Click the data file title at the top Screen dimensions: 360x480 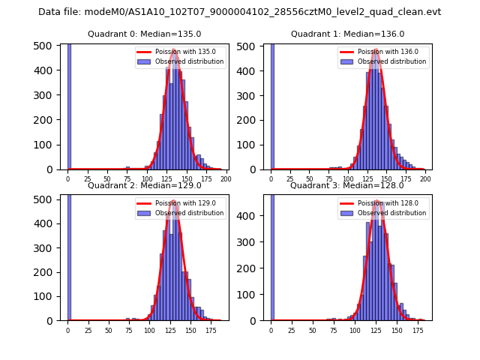[x=239, y=12]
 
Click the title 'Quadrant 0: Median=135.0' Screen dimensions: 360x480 [x=144, y=34]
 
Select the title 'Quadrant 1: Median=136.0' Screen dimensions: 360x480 [x=347, y=34]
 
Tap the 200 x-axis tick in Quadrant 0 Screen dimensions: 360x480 [x=226, y=179]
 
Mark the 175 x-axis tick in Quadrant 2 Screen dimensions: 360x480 [x=211, y=330]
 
